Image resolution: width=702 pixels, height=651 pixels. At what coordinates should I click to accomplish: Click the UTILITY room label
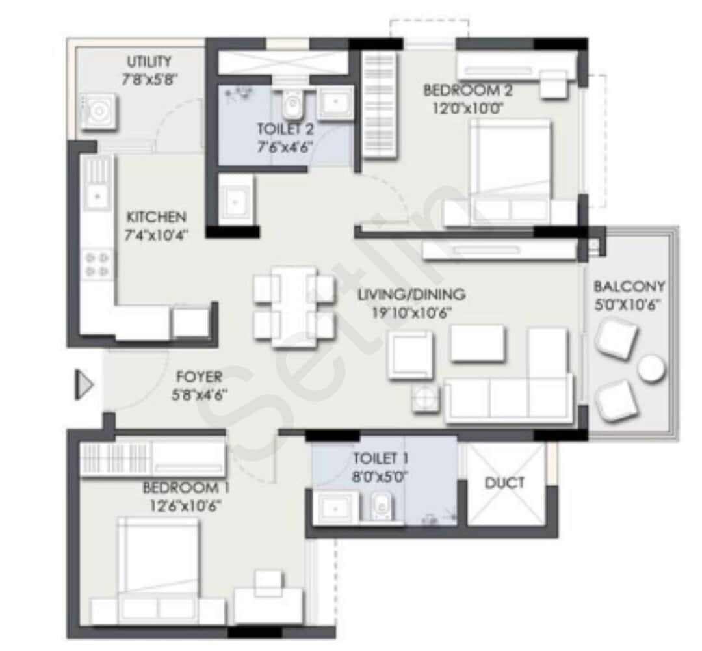(149, 61)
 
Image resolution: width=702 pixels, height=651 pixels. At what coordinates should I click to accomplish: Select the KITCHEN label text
(156, 217)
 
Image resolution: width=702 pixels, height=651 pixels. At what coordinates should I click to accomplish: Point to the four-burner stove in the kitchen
(97, 264)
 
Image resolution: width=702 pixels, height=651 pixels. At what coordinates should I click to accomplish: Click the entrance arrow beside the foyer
(84, 384)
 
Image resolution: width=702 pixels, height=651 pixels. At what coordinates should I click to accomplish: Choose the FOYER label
(199, 377)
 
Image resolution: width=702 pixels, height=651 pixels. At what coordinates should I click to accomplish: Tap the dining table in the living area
(294, 306)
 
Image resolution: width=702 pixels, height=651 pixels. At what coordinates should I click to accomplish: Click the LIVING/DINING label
(411, 295)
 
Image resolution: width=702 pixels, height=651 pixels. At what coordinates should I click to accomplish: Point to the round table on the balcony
(651, 368)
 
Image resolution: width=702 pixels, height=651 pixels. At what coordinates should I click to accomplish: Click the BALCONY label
(629, 286)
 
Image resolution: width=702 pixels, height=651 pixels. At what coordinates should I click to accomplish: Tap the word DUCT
(504, 483)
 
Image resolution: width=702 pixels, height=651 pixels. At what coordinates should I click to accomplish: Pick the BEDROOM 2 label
(468, 90)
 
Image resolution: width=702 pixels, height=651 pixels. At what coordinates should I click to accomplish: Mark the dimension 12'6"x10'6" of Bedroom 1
(186, 506)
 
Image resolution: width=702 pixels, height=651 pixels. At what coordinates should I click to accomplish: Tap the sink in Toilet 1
(336, 508)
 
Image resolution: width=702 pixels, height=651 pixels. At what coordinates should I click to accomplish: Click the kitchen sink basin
(97, 196)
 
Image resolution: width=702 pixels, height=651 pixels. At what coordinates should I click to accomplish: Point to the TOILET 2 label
(285, 129)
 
